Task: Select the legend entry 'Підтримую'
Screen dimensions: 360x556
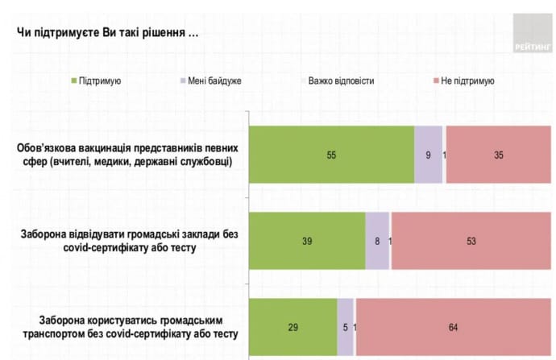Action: [x=100, y=81]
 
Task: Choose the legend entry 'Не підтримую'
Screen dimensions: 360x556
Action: [x=467, y=81]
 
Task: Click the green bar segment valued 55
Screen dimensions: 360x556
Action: [x=331, y=155]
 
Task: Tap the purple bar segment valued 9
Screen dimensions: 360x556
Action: [x=429, y=155]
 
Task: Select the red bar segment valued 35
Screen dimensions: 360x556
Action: [x=500, y=155]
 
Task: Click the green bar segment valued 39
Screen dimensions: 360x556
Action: [x=307, y=240]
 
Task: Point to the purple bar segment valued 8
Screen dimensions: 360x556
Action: [x=377, y=240]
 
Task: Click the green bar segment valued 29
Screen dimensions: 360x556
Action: [x=293, y=326]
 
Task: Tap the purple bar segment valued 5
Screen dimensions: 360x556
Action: [x=345, y=326]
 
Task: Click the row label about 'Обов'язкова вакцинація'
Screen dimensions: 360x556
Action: [x=126, y=155]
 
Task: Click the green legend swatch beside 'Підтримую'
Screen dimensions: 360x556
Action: [x=75, y=81]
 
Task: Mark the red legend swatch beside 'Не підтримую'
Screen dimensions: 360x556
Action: [x=436, y=81]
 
